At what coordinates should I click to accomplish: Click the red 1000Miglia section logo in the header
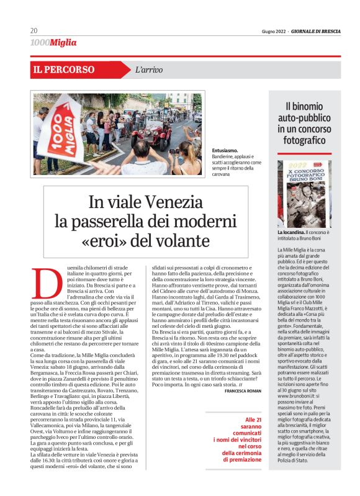coord(53,43)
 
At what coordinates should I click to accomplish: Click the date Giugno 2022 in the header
coord(272,32)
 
